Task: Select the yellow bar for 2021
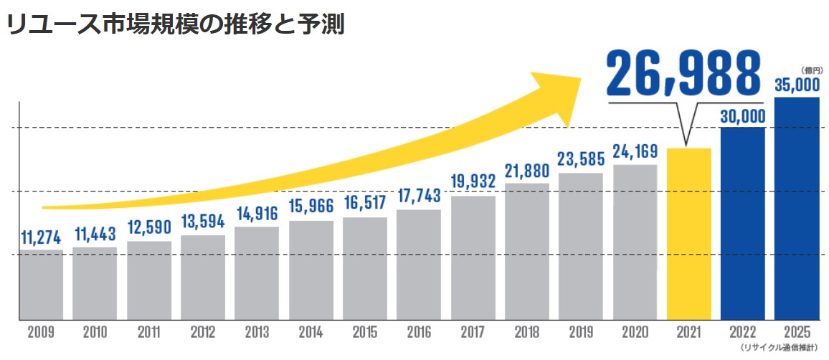pyautogui.click(x=688, y=233)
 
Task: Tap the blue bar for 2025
pyautogui.click(x=797, y=208)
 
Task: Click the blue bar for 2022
pyautogui.click(x=743, y=222)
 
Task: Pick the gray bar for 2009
pyautogui.click(x=40, y=284)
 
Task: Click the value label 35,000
pyautogui.click(x=797, y=86)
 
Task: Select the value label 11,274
pyautogui.click(x=40, y=238)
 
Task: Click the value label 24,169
pyautogui.click(x=635, y=152)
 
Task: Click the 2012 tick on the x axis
pyautogui.click(x=203, y=333)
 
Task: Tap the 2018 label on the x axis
pyautogui.click(x=526, y=333)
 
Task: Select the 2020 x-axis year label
pyautogui.click(x=635, y=333)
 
